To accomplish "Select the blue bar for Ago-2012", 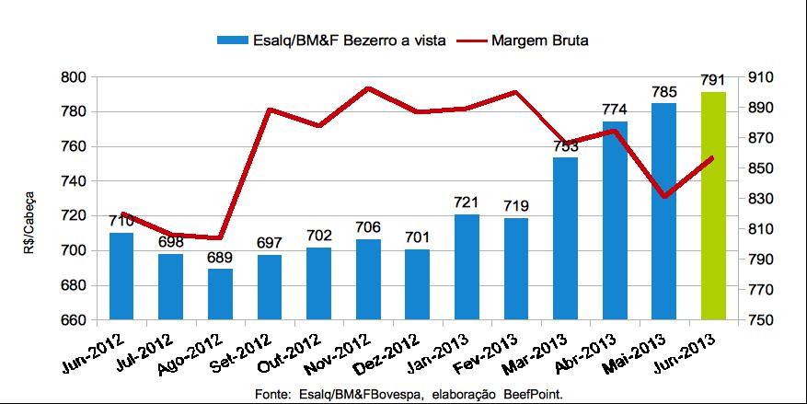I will click(220, 294).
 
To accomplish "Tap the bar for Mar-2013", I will click(565, 238).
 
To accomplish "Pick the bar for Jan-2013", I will click(467, 267).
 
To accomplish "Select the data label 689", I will click(220, 258).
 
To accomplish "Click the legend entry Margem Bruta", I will click(540, 40).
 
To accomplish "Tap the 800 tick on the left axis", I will click(73, 77).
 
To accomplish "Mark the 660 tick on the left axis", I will click(73, 320).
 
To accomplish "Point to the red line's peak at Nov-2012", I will click(368, 88).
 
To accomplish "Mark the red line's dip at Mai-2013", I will click(663, 196).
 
